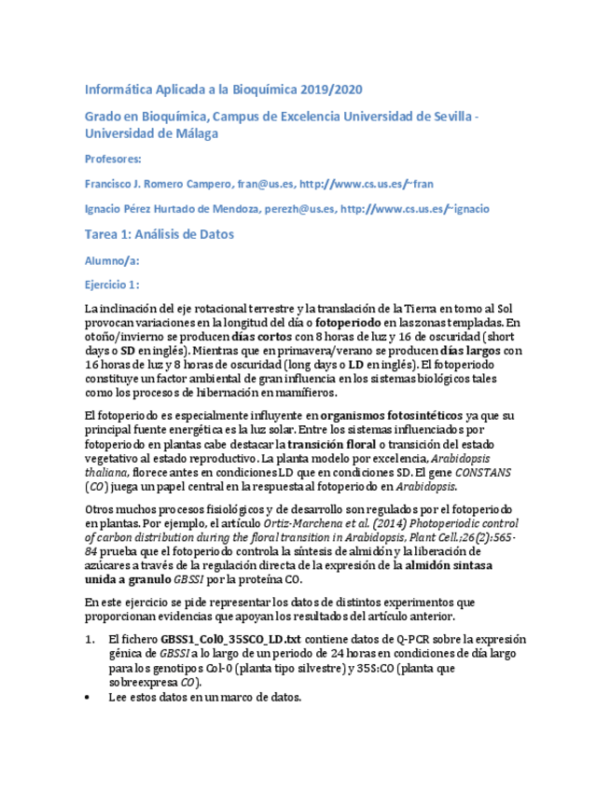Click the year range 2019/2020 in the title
click(331, 90)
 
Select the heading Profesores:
click(112, 159)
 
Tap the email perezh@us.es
click(298, 209)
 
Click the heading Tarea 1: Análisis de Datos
click(159, 234)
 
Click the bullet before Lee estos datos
click(88, 697)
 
